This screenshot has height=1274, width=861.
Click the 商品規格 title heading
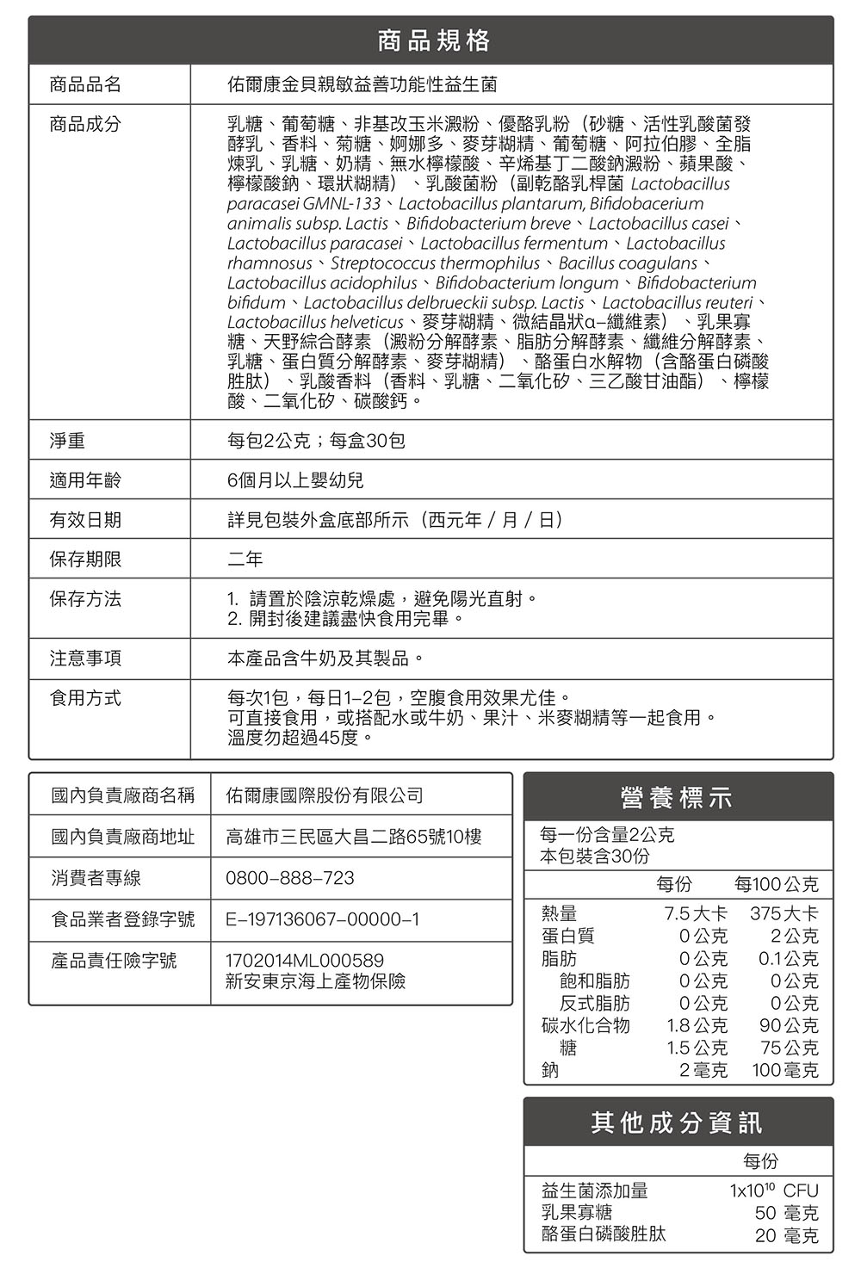click(433, 40)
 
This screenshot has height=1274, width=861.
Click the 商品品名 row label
click(85, 84)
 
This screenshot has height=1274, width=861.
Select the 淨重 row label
click(67, 441)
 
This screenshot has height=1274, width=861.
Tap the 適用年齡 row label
click(85, 480)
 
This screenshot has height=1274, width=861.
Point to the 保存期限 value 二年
click(245, 560)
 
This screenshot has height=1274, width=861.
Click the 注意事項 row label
click(85, 659)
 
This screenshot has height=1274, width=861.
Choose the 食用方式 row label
click(85, 698)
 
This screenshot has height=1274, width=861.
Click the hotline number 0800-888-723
click(289, 878)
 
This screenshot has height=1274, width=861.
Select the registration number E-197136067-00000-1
click(322, 919)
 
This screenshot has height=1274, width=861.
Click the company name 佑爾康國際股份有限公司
click(324, 795)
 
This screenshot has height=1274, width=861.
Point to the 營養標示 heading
click(677, 798)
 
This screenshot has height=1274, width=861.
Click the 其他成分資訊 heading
click(677, 1122)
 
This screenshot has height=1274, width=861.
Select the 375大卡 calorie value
click(784, 913)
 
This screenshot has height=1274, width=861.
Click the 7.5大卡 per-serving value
click(696, 913)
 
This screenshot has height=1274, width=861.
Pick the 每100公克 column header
click(776, 885)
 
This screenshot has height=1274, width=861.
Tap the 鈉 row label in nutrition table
click(549, 1070)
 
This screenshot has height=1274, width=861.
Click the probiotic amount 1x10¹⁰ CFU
click(773, 1191)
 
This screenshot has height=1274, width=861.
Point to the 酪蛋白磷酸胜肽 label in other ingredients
click(603, 1234)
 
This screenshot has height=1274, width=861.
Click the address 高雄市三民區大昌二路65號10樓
click(353, 837)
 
